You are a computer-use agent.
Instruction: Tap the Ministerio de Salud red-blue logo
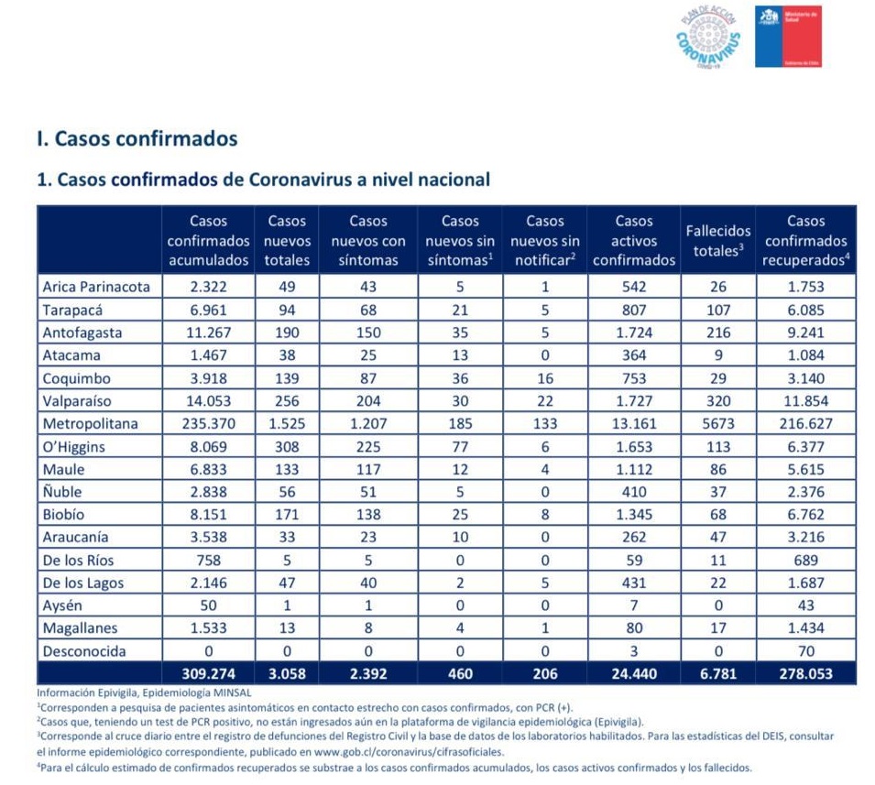pos(788,37)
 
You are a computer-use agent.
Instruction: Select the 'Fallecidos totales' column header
pos(717,240)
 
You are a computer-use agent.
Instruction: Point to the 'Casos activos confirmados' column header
pos(633,240)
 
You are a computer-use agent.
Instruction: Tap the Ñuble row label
pos(64,492)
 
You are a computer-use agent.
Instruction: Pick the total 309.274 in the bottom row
pos(208,674)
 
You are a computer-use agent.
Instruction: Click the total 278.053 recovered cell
pos(805,674)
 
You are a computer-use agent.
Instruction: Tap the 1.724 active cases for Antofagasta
pos(633,332)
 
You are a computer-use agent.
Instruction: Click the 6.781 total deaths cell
pos(717,674)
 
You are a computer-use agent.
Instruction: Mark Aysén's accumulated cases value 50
pos(208,605)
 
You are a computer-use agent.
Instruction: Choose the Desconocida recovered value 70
pos(805,651)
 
